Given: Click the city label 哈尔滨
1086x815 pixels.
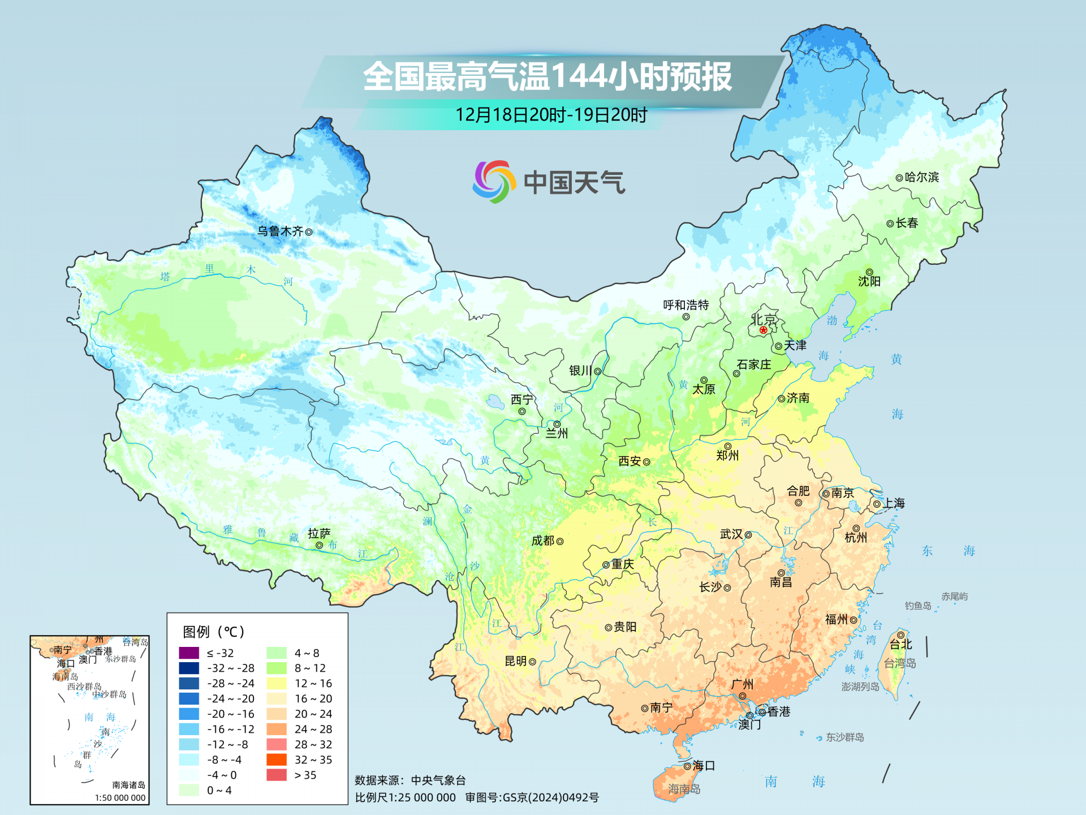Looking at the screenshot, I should click(921, 177).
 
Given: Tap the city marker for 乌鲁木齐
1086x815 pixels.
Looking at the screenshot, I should click(309, 231).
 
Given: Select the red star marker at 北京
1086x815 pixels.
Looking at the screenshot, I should click(764, 330).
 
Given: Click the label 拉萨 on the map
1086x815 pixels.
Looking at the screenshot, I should click(319, 533).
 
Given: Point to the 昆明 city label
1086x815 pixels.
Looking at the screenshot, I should click(515, 661).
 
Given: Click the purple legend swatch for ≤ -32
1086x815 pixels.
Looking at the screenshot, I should click(189, 653).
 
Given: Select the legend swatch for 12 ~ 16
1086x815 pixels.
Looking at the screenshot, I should click(277, 683).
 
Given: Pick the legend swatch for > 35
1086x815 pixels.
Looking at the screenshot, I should click(277, 775).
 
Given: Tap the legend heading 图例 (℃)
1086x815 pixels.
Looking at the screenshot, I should click(213, 632).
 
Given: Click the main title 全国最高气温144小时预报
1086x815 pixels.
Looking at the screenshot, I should click(547, 76).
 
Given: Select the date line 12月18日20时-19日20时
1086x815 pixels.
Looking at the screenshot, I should click(551, 115).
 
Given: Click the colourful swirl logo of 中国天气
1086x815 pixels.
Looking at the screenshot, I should click(494, 182).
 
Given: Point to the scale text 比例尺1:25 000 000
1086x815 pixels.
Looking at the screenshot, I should click(405, 797).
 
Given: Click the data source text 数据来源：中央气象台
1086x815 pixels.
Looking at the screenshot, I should click(410, 780).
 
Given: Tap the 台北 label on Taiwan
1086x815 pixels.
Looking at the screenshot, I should click(901, 644).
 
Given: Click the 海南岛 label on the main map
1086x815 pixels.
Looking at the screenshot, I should click(684, 788).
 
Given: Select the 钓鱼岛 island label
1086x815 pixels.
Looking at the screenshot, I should click(917, 606).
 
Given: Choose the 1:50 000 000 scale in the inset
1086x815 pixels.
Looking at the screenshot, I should click(120, 797).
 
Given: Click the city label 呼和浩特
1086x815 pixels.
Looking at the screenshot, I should click(686, 305).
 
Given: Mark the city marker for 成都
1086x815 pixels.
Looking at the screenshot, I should click(560, 542).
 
